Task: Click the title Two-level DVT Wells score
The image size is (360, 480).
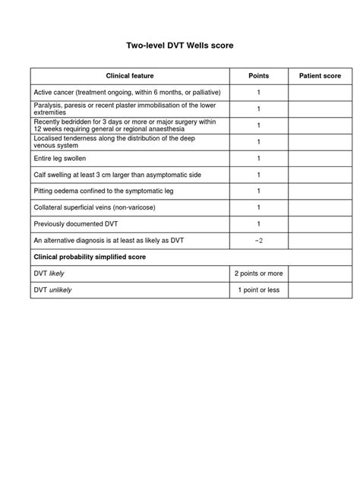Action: pos(179,46)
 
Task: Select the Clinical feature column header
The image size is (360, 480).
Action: pos(130,76)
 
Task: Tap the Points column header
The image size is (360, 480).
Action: pos(258,76)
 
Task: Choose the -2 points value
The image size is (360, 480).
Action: pos(258,241)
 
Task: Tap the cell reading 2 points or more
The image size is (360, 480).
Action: pos(258,273)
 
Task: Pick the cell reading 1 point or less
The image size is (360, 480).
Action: pos(258,290)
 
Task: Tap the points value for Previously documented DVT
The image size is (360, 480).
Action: pos(258,224)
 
